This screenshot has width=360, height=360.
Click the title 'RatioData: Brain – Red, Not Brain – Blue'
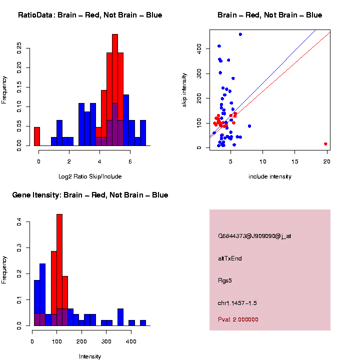(90, 15)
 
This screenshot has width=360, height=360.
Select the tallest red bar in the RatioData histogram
(115, 90)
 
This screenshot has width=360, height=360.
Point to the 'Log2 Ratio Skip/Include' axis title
(90, 176)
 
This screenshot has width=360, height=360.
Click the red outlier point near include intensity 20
(325, 144)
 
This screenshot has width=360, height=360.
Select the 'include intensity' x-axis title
(270, 176)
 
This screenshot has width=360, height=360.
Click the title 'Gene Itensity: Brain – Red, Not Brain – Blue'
(90, 195)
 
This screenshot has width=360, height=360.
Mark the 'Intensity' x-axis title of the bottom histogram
(90, 356)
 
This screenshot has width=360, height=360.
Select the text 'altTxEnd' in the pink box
(230, 258)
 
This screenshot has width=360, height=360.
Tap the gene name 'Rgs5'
(225, 280)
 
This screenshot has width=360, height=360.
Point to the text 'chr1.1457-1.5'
(237, 303)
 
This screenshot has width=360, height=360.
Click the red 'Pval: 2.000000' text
(238, 319)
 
